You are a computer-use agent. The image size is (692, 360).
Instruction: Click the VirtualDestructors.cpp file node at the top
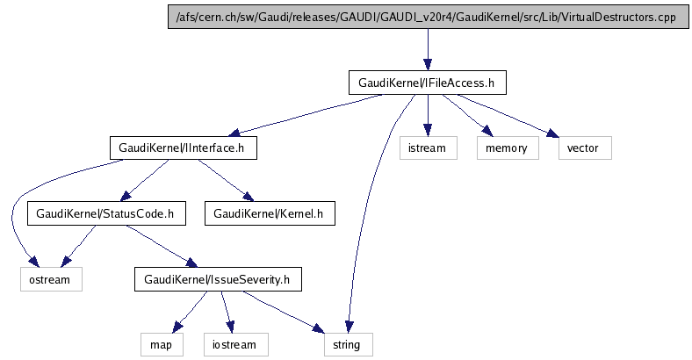(427, 18)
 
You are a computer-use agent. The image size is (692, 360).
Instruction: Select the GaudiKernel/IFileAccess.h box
(428, 83)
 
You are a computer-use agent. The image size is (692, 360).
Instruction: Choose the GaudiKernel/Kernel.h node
(270, 213)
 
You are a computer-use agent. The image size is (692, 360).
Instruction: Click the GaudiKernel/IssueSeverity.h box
(218, 279)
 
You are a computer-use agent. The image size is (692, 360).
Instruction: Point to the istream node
(428, 148)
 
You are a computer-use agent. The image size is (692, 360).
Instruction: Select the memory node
(507, 148)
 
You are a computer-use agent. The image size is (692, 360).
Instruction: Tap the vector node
(584, 148)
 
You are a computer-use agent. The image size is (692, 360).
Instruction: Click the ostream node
(52, 279)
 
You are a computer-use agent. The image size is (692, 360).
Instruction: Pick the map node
(162, 344)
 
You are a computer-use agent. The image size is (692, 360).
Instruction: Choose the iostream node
(234, 344)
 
